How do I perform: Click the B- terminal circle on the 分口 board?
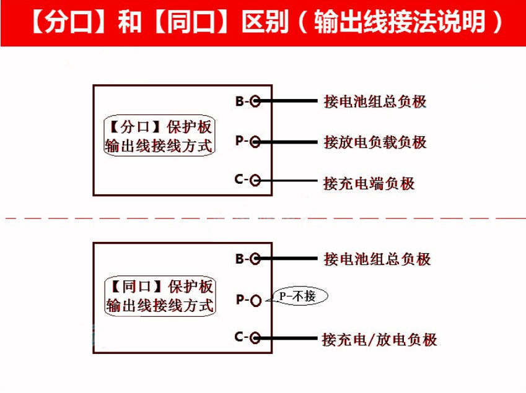pyautogui.click(x=255, y=101)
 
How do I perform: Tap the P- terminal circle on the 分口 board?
pyautogui.click(x=255, y=142)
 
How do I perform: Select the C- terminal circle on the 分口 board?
pyautogui.click(x=255, y=180)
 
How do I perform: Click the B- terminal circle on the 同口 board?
pyautogui.click(x=255, y=259)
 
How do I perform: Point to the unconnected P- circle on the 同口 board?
pyautogui.click(x=255, y=300)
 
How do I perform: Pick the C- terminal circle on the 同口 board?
pyautogui.click(x=255, y=338)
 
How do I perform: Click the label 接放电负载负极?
pyautogui.click(x=375, y=142)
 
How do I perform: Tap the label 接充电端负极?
pyautogui.click(x=369, y=184)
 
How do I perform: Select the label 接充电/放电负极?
pyautogui.click(x=379, y=340)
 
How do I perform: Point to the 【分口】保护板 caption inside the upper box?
pyautogui.click(x=159, y=127)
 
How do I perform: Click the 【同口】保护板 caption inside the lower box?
pyautogui.click(x=160, y=287)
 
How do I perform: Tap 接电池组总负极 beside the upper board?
pyautogui.click(x=375, y=101)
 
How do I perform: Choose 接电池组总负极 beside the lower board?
pyautogui.click(x=377, y=259)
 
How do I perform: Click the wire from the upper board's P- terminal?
pyautogui.click(x=289, y=142)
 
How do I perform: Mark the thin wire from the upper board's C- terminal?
pyautogui.click(x=289, y=181)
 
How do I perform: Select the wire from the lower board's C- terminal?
pyautogui.click(x=289, y=338)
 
